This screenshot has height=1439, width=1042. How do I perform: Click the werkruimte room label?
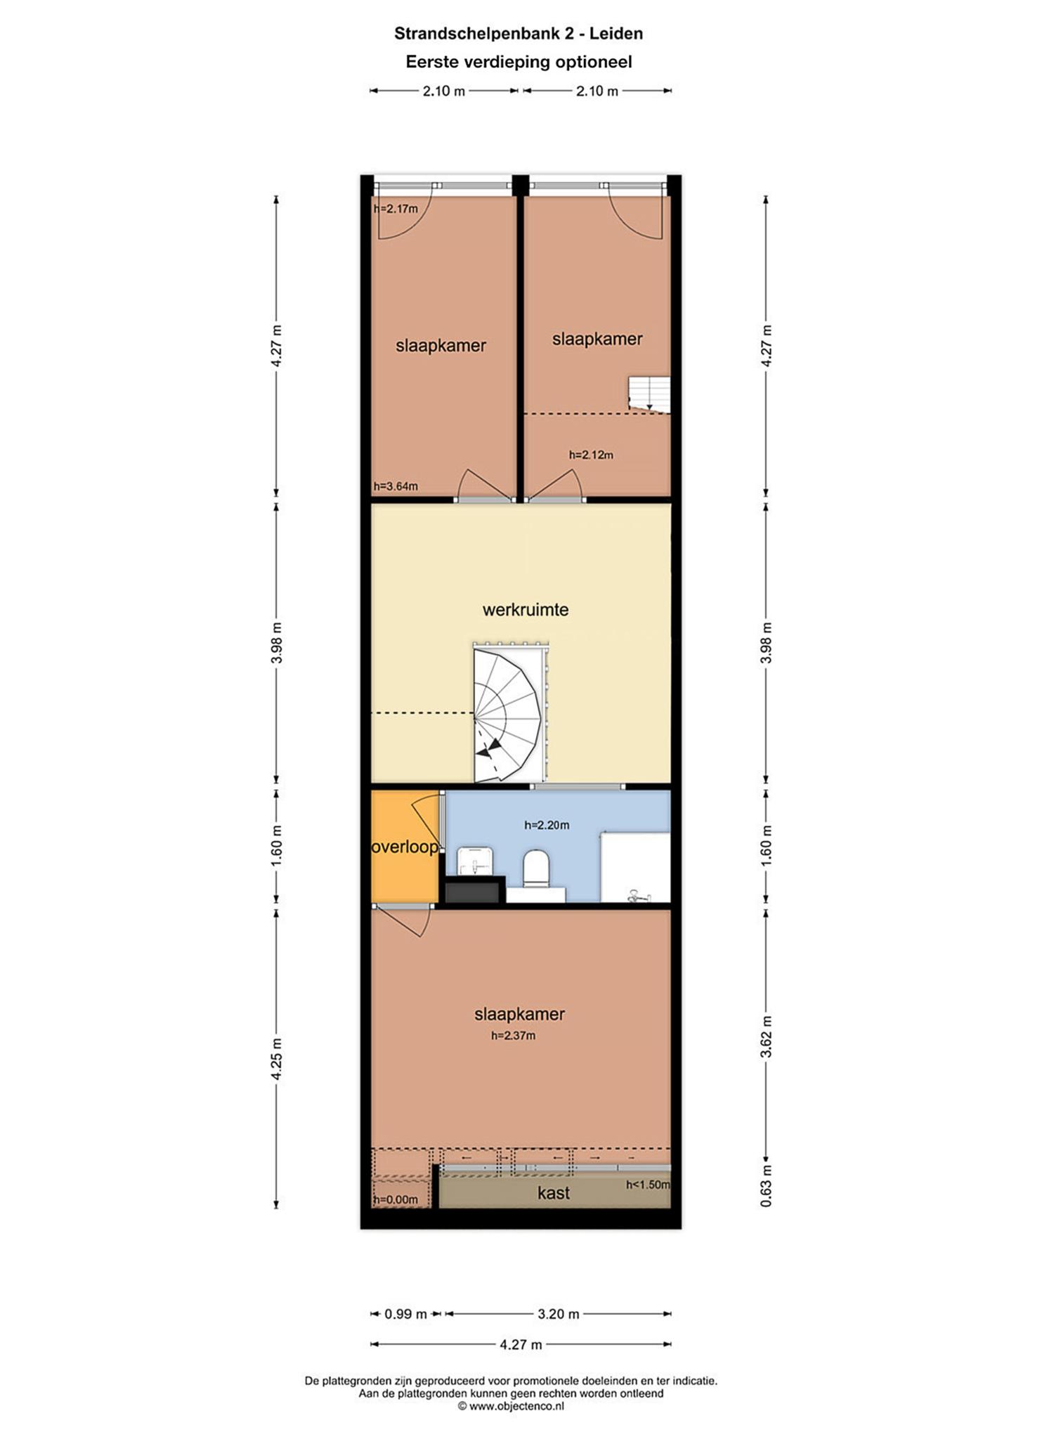(525, 610)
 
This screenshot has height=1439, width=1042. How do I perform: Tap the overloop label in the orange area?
(405, 847)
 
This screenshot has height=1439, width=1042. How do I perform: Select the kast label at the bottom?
(554, 1193)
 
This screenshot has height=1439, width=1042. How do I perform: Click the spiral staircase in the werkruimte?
(509, 713)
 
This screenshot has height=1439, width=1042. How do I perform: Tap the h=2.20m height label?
(547, 825)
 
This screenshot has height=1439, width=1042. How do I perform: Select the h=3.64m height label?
(396, 486)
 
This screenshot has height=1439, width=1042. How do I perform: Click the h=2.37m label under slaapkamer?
(513, 1035)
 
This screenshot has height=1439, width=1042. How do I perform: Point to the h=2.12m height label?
(591, 455)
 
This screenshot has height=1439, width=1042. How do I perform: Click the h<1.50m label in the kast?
(648, 1185)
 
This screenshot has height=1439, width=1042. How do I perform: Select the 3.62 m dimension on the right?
(767, 1036)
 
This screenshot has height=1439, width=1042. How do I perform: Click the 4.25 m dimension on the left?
(277, 1059)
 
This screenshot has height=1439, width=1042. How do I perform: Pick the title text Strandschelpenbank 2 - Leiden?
(519, 33)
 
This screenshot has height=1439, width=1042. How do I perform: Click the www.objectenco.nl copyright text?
(512, 1406)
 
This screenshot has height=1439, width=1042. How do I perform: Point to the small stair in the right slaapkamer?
(649, 394)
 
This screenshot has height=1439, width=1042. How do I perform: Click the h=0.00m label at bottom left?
(396, 1199)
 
